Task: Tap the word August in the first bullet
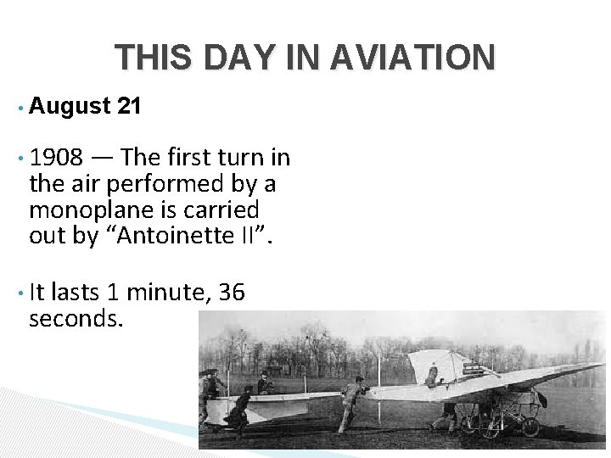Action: [x=70, y=107]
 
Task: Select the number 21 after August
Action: [x=130, y=107]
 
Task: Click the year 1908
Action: [x=56, y=158]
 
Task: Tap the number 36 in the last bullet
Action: [x=232, y=293]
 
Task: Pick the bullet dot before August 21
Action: [x=18, y=108]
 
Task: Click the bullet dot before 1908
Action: [x=18, y=159]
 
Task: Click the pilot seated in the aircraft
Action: [x=434, y=374]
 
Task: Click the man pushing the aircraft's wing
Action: [x=349, y=402]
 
